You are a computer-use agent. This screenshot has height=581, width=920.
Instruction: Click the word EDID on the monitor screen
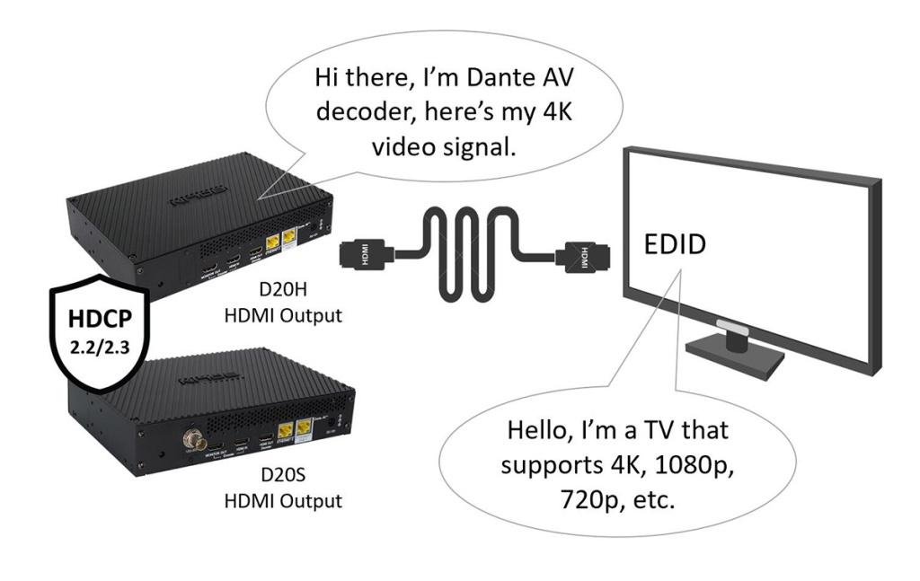point(671,246)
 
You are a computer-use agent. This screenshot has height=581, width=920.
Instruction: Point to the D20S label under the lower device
point(281,477)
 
